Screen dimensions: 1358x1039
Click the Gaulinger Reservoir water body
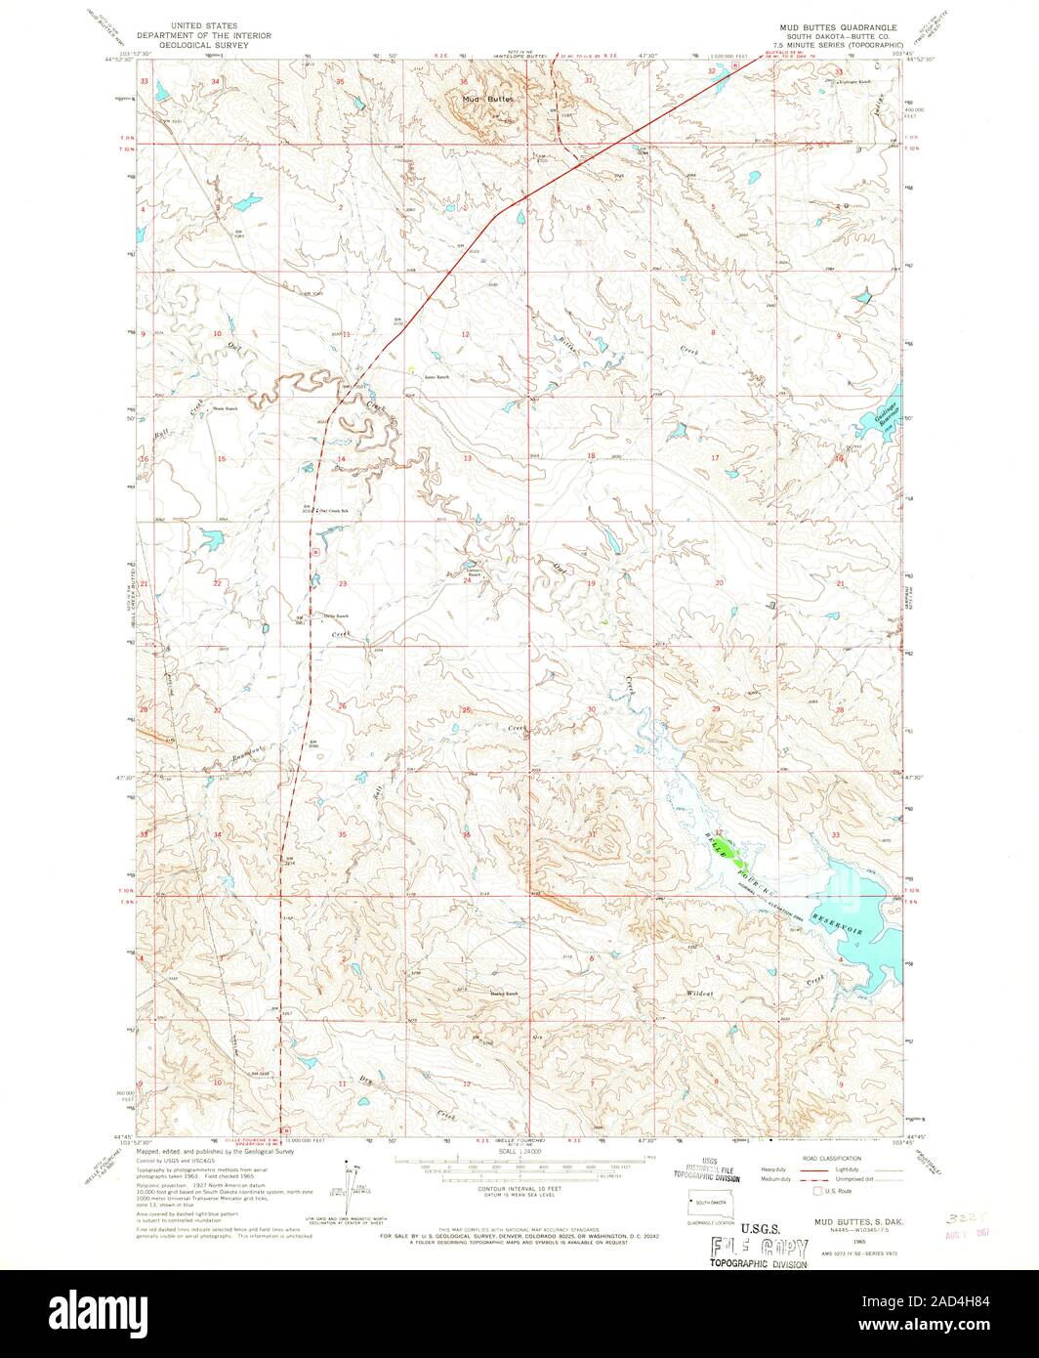tap(873, 421)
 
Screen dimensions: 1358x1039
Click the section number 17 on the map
tap(715, 457)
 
